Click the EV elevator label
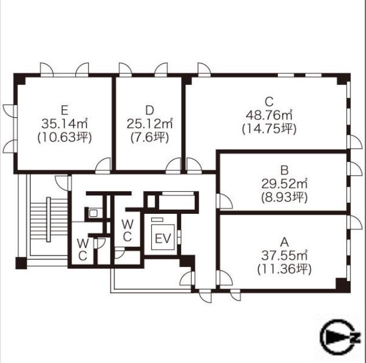[163, 238]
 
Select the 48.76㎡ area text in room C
[269, 115]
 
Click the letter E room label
[64, 110]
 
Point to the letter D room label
[149, 110]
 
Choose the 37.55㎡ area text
[284, 255]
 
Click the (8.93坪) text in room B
[284, 198]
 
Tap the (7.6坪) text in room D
[149, 138]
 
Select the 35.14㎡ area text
[64, 124]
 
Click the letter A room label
[284, 242]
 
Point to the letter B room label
[284, 171]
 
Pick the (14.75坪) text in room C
[269, 128]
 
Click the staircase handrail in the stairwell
[49, 220]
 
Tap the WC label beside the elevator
[127, 231]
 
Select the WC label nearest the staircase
[83, 250]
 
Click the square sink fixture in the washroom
[93, 213]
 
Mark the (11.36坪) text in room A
[284, 269]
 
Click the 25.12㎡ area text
[149, 124]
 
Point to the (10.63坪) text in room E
[64, 138]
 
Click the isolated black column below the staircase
[21, 263]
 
